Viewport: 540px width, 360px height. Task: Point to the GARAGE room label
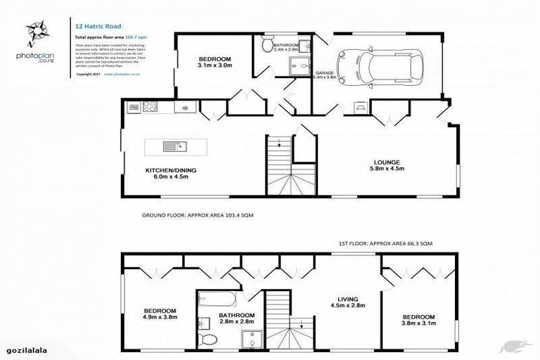pos(324,73)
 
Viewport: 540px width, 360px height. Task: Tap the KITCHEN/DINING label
pos(167,173)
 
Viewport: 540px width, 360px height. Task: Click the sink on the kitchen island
pos(172,147)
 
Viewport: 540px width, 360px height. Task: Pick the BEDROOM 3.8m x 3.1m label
pos(417,319)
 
